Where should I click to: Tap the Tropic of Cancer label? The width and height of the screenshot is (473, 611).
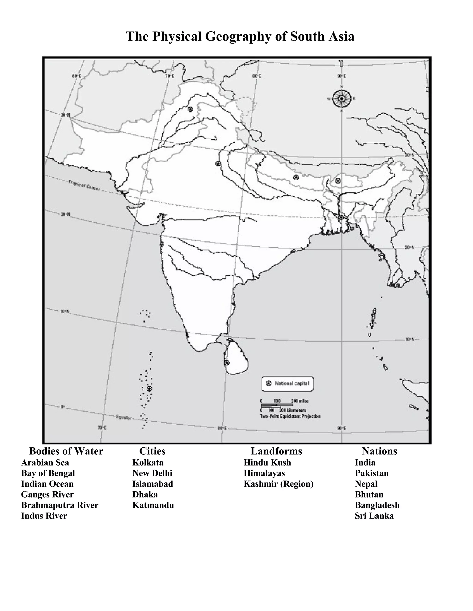pos(84,185)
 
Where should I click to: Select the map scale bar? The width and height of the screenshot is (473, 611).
pos(277,405)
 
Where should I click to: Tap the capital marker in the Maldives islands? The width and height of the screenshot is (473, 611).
pos(150,389)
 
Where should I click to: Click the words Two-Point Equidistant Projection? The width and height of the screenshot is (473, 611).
pos(290,416)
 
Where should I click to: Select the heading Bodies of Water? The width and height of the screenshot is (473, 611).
pos(66,451)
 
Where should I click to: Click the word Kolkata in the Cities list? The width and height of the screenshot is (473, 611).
pos(148,463)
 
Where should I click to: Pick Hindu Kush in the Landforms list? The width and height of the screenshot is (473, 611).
pos(267,463)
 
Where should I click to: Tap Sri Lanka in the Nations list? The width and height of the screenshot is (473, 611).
pos(374,516)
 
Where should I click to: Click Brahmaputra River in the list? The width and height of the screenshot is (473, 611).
pos(60,505)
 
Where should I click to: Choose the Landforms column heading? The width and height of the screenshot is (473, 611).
pos(276,451)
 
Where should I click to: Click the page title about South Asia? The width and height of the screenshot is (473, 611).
pos(240,36)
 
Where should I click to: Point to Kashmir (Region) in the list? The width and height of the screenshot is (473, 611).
pos(279,484)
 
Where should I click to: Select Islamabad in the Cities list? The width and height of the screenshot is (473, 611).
pos(153,484)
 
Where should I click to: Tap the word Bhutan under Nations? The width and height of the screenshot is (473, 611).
pos(369,495)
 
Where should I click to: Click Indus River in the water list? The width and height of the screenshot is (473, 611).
pos(44,516)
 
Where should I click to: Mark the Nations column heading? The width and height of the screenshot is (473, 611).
pos(379,451)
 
